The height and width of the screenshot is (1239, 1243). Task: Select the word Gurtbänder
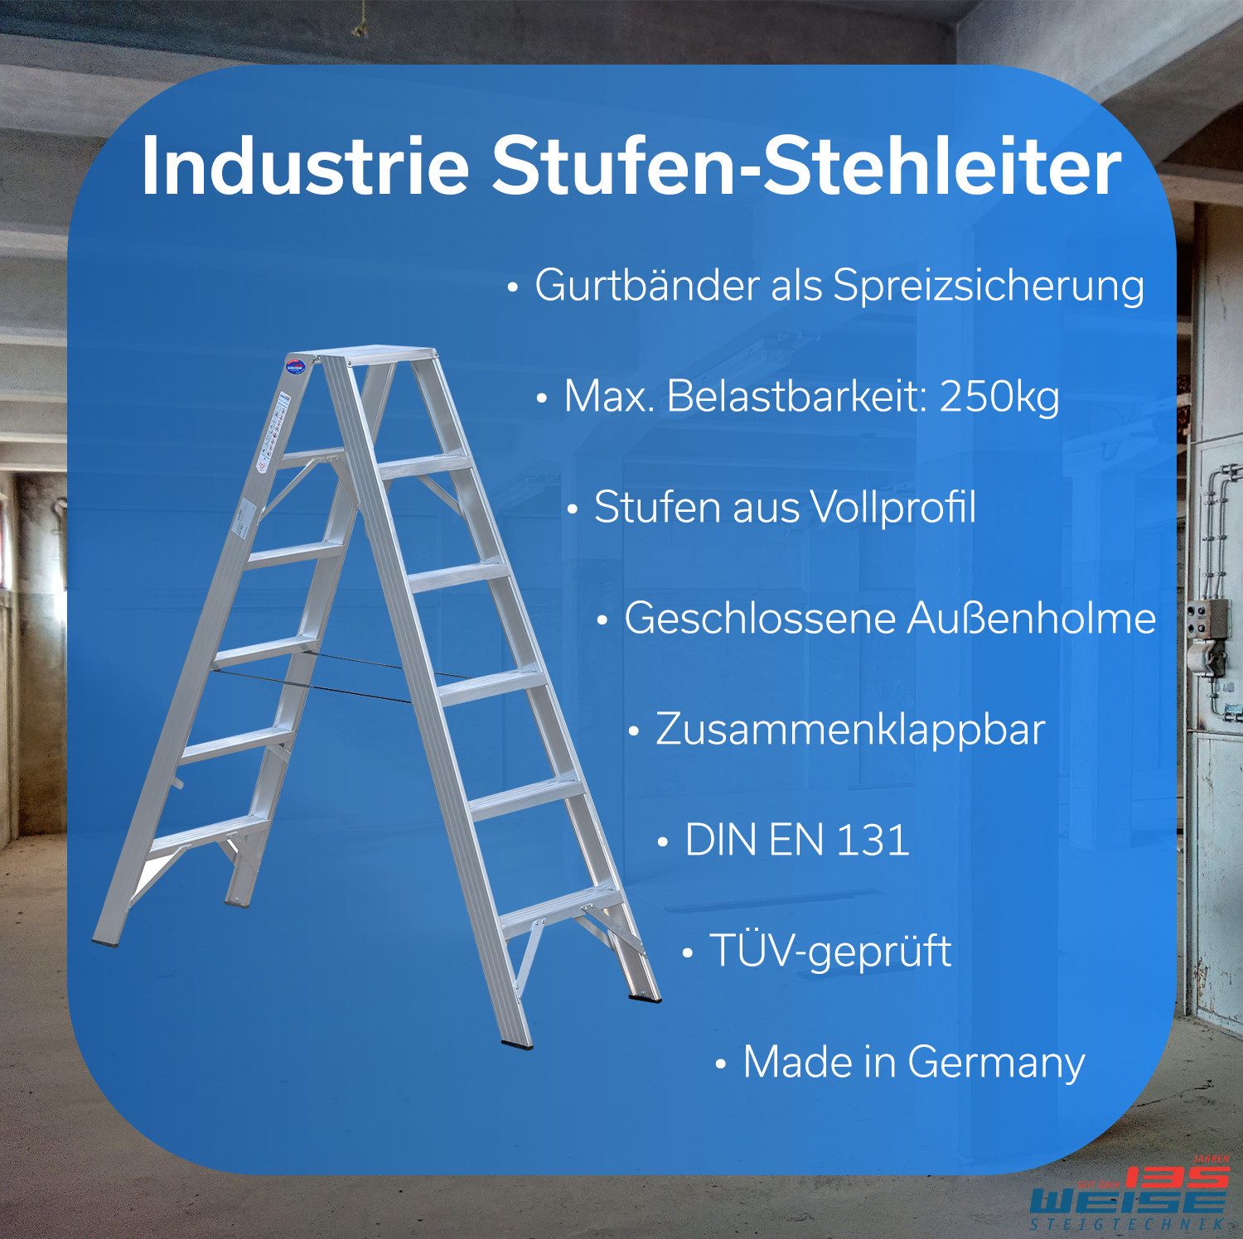646,286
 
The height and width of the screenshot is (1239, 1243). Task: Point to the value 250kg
999,398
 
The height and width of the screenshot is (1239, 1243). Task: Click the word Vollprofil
892,507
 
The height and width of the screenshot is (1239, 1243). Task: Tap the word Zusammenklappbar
849,730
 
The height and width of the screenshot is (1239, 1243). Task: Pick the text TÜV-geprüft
829,952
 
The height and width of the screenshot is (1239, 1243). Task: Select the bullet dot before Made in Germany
721,1064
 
